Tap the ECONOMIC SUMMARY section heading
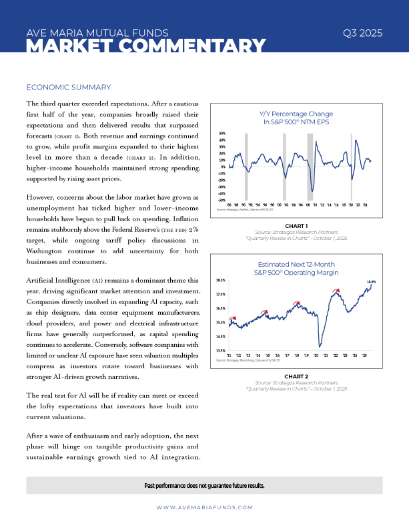(67, 88)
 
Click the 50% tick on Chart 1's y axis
(223, 134)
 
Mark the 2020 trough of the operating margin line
(320, 346)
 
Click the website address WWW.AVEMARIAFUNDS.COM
(204, 507)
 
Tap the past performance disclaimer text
(204, 485)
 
